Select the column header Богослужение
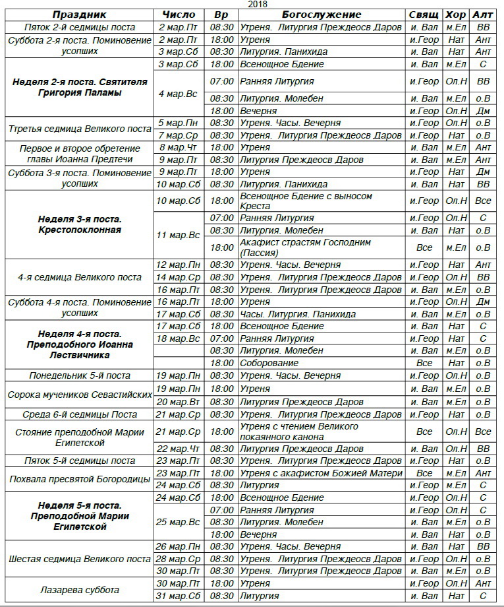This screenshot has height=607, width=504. pos(322,15)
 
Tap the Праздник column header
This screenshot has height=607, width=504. pos(79,15)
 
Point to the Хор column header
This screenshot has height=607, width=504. pos(455,15)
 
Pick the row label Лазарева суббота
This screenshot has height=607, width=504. pos(79,590)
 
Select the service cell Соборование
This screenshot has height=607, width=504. pos(269,363)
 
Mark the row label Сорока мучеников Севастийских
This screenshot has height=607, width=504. pos(79,395)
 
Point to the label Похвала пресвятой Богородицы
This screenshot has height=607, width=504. pos(79,479)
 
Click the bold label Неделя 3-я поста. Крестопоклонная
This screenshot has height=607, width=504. pos(79,224)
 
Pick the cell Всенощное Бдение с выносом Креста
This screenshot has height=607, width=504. pos(306,201)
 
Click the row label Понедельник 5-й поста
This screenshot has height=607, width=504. pos(79,375)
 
